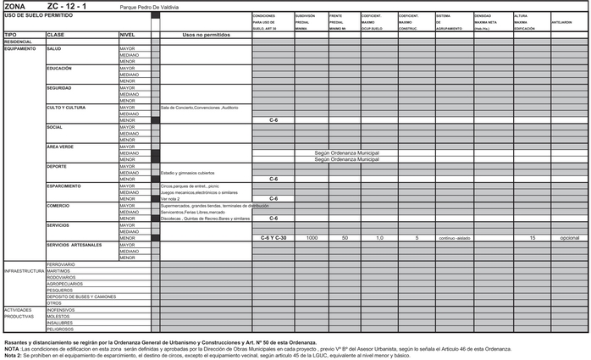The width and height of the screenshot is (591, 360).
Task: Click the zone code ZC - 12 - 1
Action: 72,6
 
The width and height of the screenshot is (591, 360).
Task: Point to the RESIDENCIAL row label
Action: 19,42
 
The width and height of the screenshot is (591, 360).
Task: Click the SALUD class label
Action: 55,48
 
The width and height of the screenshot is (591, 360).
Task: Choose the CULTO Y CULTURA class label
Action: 66,108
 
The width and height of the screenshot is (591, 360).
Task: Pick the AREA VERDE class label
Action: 61,147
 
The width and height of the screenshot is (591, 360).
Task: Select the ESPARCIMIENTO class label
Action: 64,186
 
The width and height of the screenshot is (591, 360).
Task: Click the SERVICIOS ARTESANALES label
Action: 75,245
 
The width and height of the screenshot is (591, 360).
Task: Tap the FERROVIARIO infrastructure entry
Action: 62,264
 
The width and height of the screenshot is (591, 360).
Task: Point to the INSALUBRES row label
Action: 60,323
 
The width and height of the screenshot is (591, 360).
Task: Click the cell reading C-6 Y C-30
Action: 273,238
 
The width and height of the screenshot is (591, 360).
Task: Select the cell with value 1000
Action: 312,238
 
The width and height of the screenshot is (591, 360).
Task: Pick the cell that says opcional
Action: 570,238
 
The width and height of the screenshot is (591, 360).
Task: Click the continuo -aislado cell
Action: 454,238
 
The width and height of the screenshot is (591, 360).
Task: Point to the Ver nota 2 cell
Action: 170,199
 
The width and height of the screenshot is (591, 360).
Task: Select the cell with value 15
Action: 532,238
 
